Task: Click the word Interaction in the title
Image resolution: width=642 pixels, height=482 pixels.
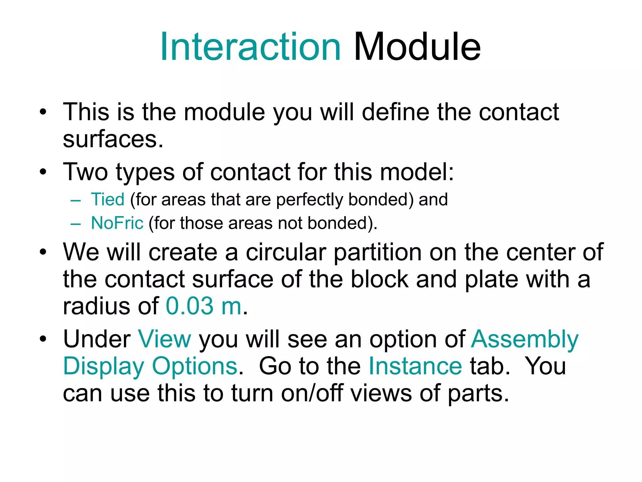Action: [x=250, y=47]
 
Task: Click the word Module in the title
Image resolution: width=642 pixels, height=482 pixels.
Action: [x=417, y=47]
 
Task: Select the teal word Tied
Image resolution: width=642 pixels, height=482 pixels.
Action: [x=108, y=200]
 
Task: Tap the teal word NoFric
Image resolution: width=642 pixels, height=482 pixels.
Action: [x=117, y=223]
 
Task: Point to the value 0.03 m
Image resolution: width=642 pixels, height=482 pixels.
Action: [x=204, y=306]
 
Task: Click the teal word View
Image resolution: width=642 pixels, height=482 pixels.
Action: [x=165, y=339]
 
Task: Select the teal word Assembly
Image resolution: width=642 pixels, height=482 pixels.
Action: [x=524, y=339]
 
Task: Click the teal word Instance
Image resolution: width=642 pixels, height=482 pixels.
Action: [x=415, y=366]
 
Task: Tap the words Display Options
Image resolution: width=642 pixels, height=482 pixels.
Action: [x=150, y=366]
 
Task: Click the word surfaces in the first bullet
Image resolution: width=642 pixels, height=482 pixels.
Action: [x=113, y=140]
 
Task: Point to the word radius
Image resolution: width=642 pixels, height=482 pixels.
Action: [x=96, y=306]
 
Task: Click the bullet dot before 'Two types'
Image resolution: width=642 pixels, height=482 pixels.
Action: [x=43, y=172]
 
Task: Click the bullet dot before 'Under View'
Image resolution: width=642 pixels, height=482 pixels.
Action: [x=43, y=339]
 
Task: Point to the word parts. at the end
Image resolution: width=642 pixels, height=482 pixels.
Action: [x=478, y=393]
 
